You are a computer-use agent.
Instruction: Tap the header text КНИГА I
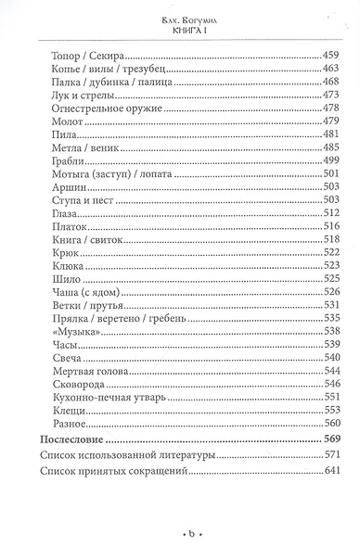[x=181, y=28]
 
